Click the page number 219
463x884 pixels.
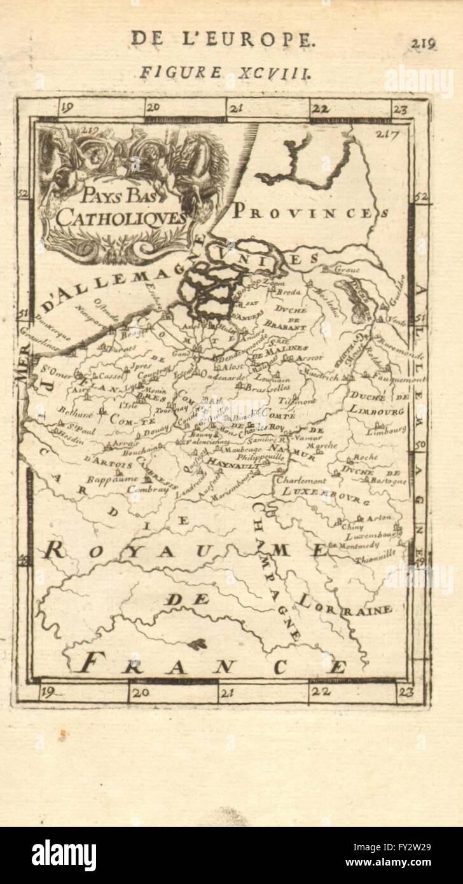click(422, 43)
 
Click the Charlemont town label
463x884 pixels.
click(303, 480)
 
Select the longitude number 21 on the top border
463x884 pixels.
click(236, 108)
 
